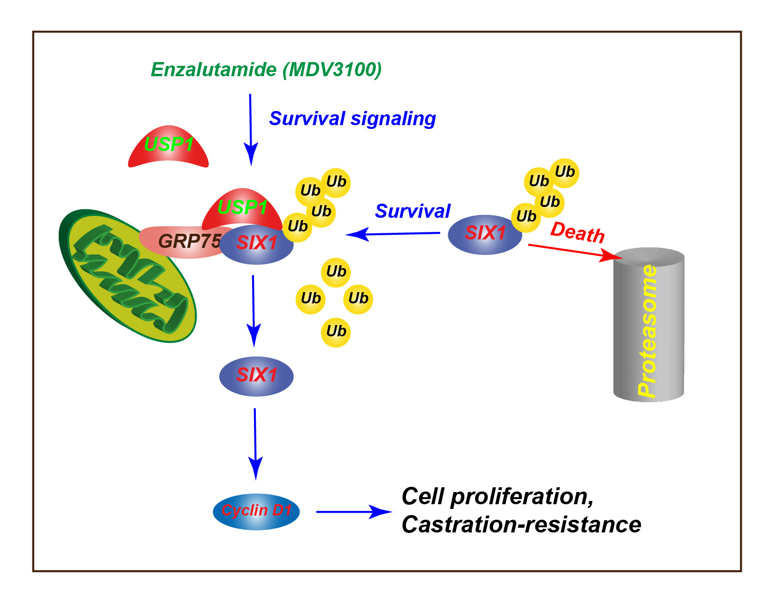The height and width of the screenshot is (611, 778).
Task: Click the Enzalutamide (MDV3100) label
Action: pos(266,70)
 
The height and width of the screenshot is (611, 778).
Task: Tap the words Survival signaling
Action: pos(352,119)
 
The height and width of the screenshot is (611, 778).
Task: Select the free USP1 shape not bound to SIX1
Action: pos(168,146)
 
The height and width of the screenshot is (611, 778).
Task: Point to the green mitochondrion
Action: pos(127,275)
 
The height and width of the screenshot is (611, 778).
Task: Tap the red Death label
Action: pos(577,232)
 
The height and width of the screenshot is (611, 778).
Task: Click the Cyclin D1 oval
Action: pos(256,511)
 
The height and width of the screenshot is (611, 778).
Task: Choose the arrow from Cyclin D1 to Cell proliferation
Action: pos(353,511)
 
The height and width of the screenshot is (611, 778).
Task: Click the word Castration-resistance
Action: pos(521,524)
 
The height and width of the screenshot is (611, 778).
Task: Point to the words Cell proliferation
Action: pos(497,496)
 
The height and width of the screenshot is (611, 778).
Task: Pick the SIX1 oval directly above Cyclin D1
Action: pos(256,376)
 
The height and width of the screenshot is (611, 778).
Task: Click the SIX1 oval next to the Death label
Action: pos(484,234)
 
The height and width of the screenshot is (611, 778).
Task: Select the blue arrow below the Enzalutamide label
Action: pos(251,129)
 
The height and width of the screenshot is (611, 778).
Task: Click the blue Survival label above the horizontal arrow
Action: pos(412,211)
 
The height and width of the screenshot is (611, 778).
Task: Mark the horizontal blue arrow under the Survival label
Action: pos(393,233)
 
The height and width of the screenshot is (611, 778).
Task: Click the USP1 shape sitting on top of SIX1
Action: pos(242,207)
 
